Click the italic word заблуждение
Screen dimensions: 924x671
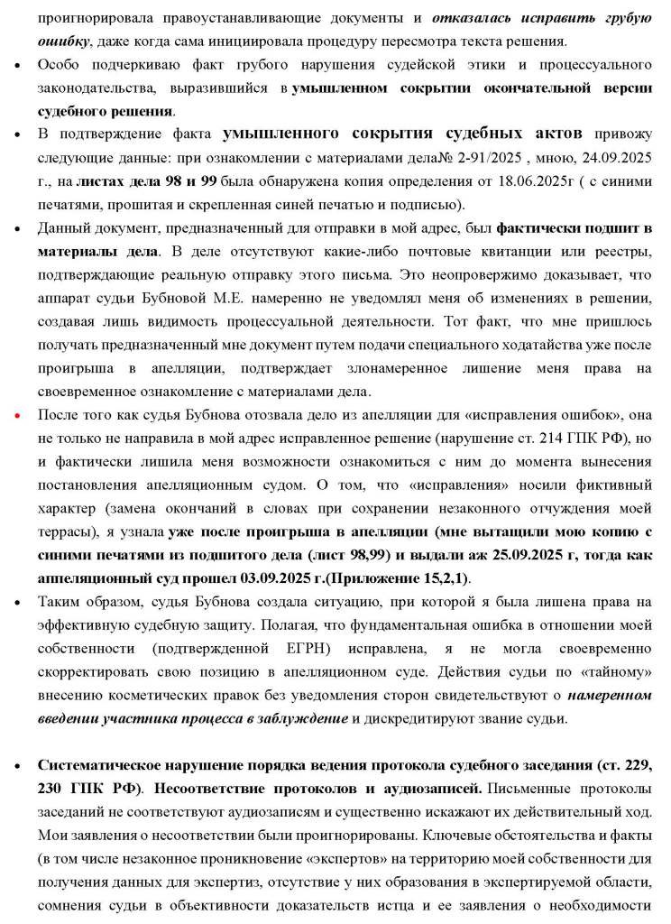297,719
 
